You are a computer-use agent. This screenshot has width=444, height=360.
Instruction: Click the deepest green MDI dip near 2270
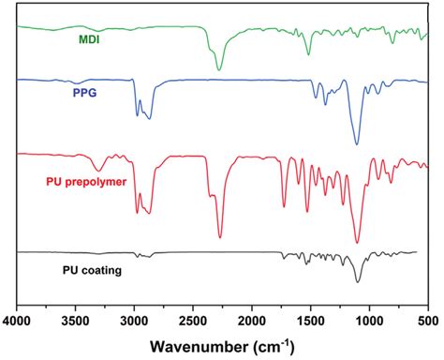219,69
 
